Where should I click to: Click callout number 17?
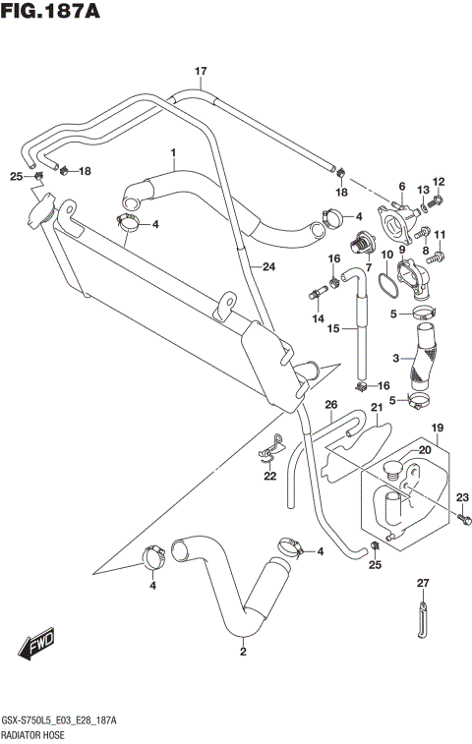(x=201, y=71)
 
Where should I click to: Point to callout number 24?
(x=267, y=265)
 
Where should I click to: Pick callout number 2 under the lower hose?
(x=242, y=651)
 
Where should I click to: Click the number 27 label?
(x=423, y=584)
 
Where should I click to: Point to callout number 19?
(x=438, y=428)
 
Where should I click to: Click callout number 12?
(x=439, y=182)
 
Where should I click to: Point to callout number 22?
(x=269, y=477)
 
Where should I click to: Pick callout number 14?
(x=318, y=319)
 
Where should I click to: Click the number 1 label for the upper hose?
(x=172, y=153)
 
